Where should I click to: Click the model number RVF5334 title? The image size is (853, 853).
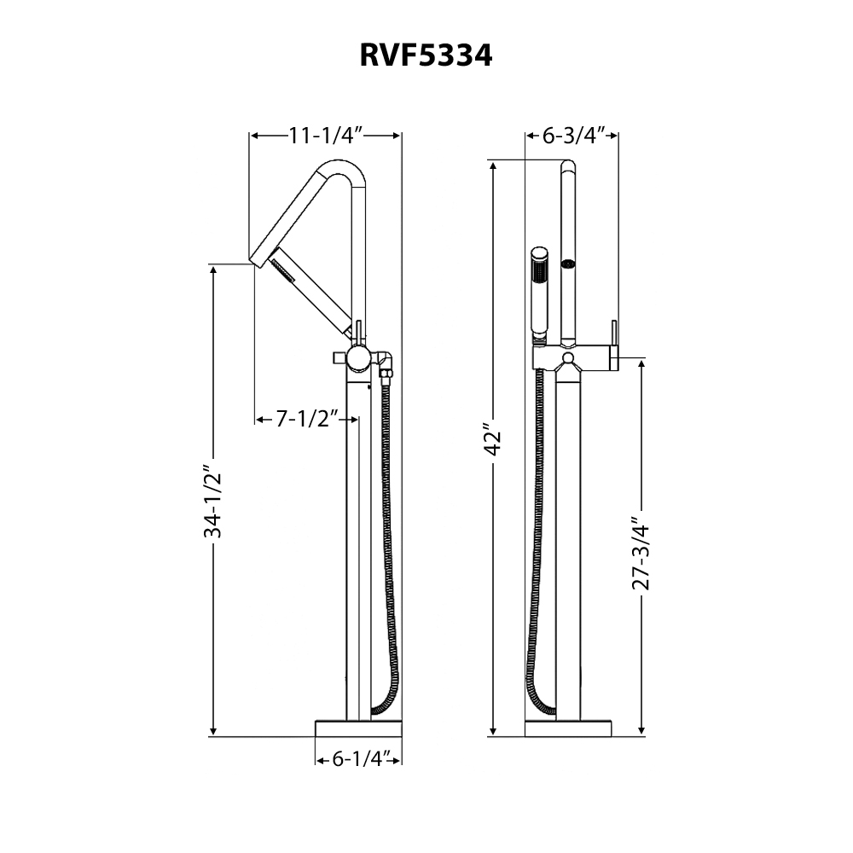coord(426,56)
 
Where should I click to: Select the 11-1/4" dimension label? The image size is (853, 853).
coord(326,135)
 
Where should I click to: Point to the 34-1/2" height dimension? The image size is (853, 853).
coord(213,502)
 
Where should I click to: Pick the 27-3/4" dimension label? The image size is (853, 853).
coord(642,554)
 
